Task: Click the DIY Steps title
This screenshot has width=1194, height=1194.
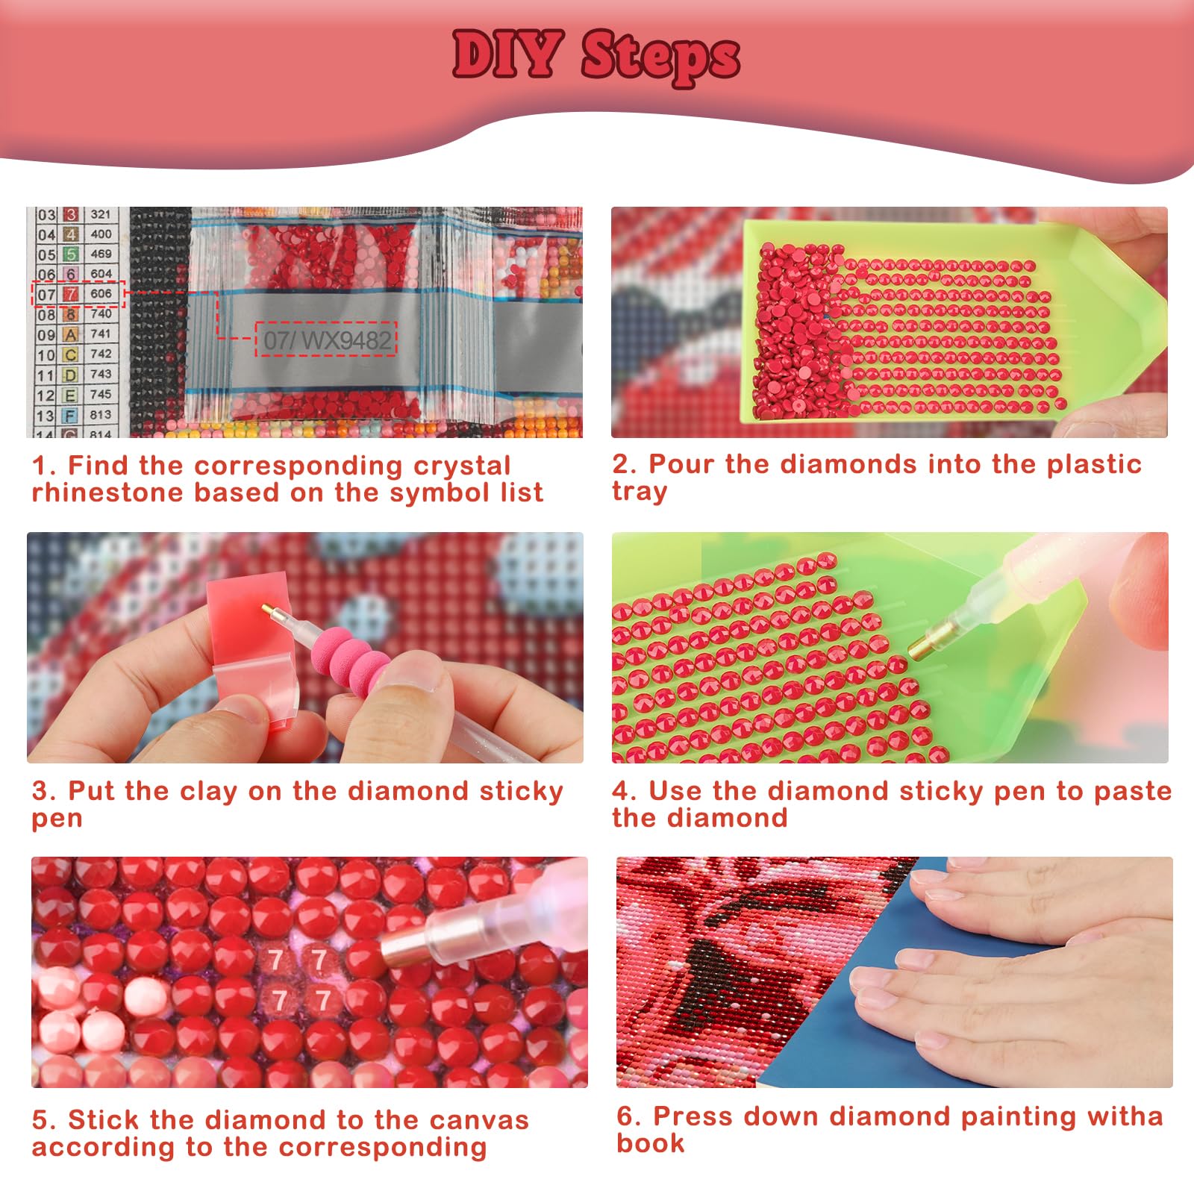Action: [x=596, y=56]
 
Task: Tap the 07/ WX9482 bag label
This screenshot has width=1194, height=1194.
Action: [x=327, y=340]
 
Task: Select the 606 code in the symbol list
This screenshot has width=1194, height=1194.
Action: [x=101, y=293]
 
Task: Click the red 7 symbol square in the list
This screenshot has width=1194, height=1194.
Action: [x=71, y=294]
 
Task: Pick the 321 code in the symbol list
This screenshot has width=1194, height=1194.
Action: [x=101, y=214]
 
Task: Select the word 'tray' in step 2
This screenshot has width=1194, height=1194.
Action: [x=640, y=492]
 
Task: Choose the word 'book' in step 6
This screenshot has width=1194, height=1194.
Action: [x=650, y=1143]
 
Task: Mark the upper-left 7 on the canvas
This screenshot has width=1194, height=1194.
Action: [x=275, y=960]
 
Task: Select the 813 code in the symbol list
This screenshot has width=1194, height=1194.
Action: [x=101, y=414]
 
